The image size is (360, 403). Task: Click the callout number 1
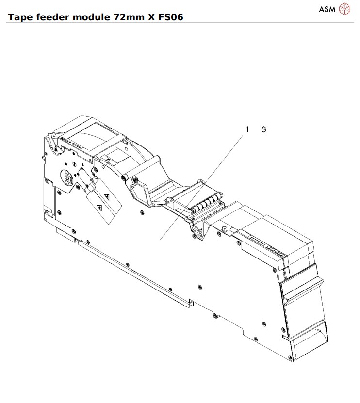pyautogui.click(x=247, y=129)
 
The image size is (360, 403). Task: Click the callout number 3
pyautogui.click(x=263, y=129)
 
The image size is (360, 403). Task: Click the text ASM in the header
pyautogui.click(x=327, y=9)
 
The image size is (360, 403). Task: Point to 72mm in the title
pyautogui.click(x=125, y=17)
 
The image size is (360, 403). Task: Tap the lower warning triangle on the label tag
pyautogui.click(x=99, y=208)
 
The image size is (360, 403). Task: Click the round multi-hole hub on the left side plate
pyautogui.click(x=65, y=178)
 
